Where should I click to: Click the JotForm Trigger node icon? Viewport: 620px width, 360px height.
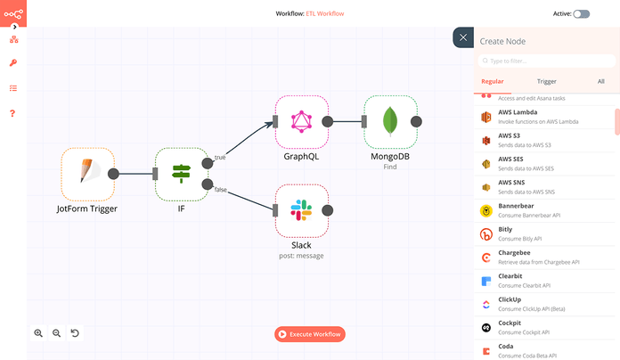tap(87, 174)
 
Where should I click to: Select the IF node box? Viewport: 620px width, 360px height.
tap(181, 174)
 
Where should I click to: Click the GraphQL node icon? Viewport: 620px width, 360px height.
tap(302, 121)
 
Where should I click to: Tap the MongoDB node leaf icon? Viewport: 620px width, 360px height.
tap(390, 121)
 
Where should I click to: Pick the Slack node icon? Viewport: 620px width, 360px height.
tap(302, 210)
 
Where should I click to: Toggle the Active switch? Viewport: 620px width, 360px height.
tap(581, 14)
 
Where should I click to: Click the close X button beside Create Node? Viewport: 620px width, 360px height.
tap(463, 37)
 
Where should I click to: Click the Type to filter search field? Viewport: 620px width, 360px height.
tap(546, 61)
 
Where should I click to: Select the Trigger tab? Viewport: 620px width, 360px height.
tap(547, 81)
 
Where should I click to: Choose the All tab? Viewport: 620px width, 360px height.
tap(601, 81)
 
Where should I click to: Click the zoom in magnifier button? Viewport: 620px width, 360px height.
tap(38, 333)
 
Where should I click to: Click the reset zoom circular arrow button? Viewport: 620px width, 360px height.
tap(75, 333)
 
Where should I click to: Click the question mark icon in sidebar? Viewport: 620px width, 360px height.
tap(13, 113)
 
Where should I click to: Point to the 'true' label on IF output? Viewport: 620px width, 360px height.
tap(220, 157)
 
